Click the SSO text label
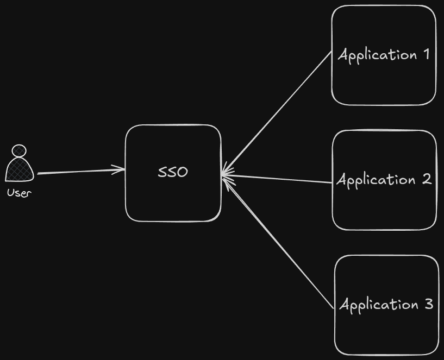click(x=173, y=172)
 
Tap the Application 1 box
click(x=384, y=81)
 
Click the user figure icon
click(x=19, y=163)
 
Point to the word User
click(x=19, y=192)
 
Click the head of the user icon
click(x=19, y=150)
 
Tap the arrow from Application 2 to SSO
click(x=277, y=179)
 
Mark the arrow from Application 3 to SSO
click(x=280, y=242)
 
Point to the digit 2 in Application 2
click(x=426, y=179)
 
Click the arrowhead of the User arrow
click(x=121, y=170)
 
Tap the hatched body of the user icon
click(x=19, y=169)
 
